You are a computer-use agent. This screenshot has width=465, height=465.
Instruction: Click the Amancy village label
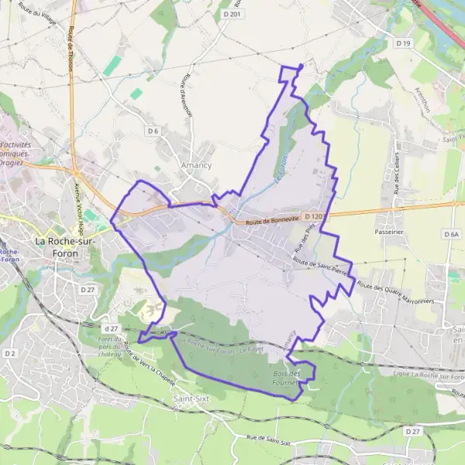coord(195,165)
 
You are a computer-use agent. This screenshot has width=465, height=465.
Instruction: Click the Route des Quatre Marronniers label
coord(397,294)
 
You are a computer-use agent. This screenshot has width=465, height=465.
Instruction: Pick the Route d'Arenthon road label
coord(186,95)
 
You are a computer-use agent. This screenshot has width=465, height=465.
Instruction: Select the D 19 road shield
coord(402,43)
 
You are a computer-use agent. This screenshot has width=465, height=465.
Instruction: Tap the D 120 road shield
coord(314,216)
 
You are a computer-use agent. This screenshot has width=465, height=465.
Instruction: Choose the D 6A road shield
coord(452,233)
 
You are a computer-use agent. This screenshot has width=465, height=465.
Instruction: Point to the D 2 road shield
coord(9,353)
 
